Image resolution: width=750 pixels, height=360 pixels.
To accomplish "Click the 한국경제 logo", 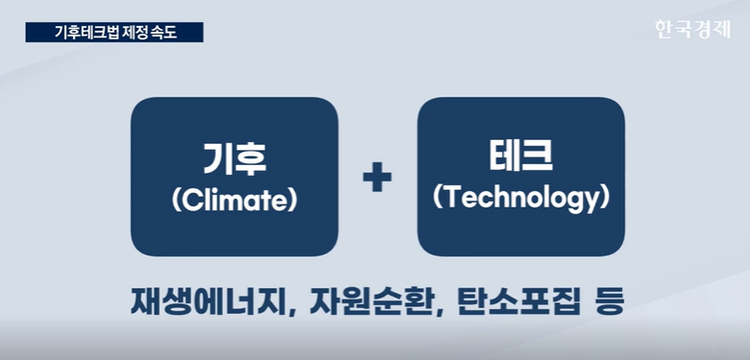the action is pyautogui.click(x=692, y=30).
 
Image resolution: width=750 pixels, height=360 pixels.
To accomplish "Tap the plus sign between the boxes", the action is pyautogui.click(x=376, y=177).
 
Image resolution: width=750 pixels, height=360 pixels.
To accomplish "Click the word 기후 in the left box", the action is pyautogui.click(x=234, y=158).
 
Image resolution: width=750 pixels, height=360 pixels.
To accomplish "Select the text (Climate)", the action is pyautogui.click(x=234, y=202).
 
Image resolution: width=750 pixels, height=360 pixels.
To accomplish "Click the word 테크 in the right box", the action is pyautogui.click(x=520, y=156).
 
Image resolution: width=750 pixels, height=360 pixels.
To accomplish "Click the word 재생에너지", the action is pyautogui.click(x=209, y=301).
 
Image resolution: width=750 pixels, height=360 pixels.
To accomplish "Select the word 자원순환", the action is pyautogui.click(x=370, y=301).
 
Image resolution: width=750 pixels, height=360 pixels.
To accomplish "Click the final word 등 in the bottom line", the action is pyautogui.click(x=609, y=301).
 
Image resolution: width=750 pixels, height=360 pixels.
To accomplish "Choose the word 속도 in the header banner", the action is pyautogui.click(x=165, y=33).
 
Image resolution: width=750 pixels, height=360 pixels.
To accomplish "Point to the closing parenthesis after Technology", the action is pyautogui.click(x=606, y=199).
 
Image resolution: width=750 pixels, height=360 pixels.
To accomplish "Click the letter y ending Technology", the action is pyautogui.click(x=593, y=203).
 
